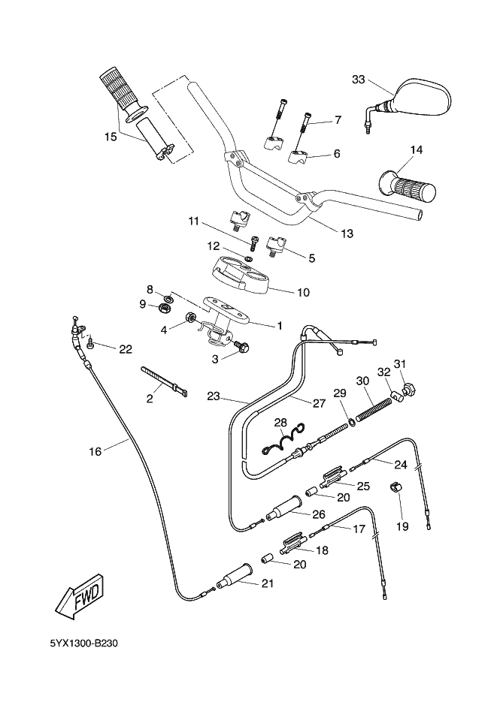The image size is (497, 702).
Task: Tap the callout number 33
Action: [359, 80]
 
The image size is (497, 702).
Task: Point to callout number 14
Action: [416, 150]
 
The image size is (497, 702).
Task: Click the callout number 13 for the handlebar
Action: [346, 233]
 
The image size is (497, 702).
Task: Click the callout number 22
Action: [125, 348]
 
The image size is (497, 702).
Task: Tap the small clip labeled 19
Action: [396, 490]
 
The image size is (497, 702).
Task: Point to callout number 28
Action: [280, 423]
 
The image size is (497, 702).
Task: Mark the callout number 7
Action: [338, 119]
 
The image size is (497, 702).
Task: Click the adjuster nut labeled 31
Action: [410, 389]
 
